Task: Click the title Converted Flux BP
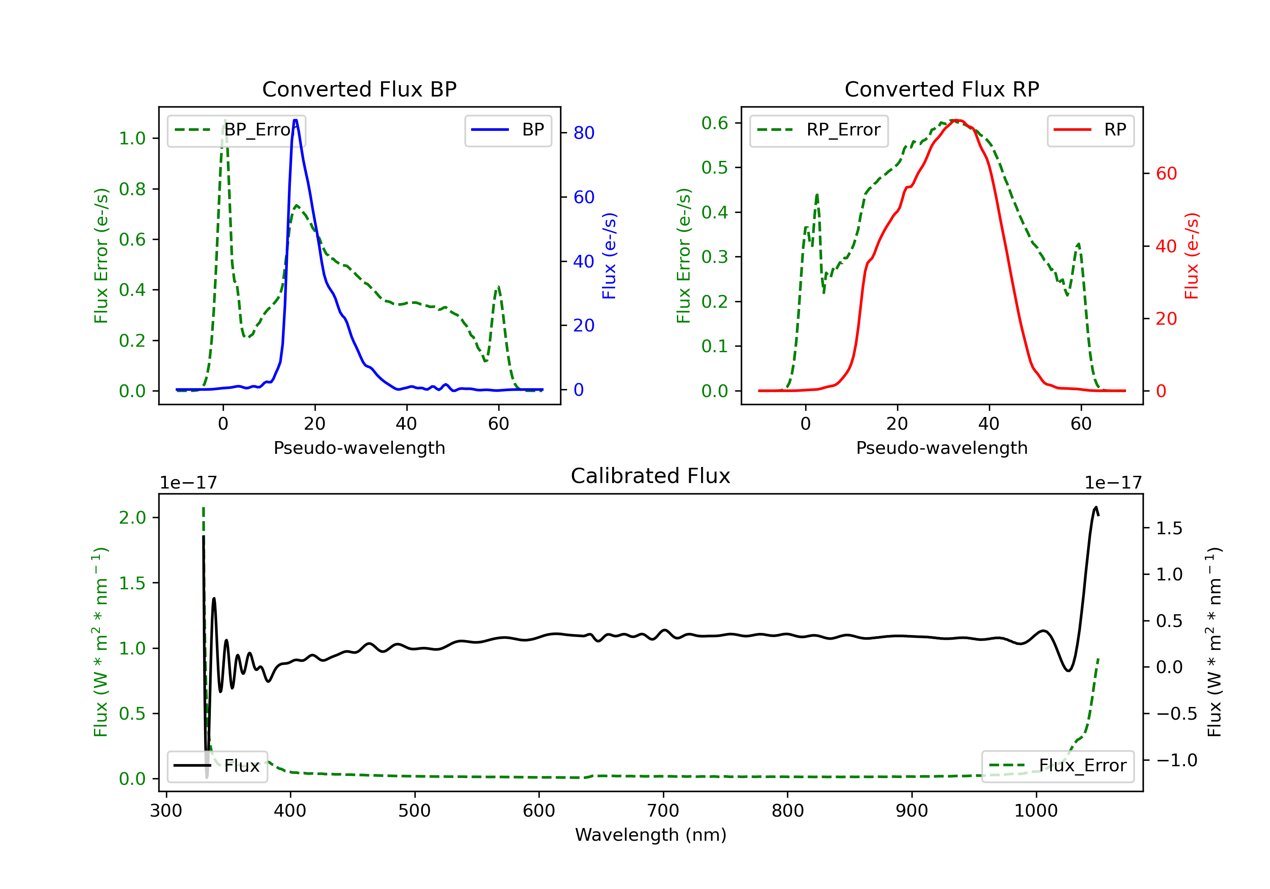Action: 359,89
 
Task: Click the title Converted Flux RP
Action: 941,89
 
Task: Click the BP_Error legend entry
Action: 237,130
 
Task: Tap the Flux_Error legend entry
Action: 1057,766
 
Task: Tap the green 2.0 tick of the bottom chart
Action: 132,518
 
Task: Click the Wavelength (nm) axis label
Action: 651,835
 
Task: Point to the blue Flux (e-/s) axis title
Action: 609,256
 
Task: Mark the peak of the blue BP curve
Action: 295,120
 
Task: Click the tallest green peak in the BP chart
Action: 224,121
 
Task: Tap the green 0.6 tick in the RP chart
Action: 715,123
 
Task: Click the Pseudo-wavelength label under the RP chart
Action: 941,447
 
